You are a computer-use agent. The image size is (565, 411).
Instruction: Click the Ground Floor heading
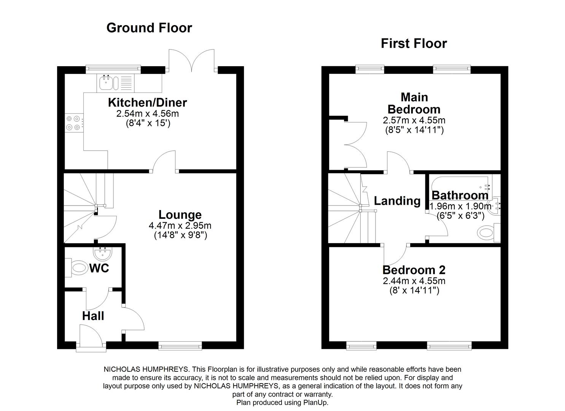(149, 28)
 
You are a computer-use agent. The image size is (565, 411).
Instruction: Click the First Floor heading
(414, 43)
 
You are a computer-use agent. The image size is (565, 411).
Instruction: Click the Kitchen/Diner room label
(147, 102)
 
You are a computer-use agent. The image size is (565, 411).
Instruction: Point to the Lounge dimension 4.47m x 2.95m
(180, 226)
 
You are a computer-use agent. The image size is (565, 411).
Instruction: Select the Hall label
(93, 316)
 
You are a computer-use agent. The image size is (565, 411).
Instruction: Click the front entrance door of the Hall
(91, 335)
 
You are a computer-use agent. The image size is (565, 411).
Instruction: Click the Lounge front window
(180, 346)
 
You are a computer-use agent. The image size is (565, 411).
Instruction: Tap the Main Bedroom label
(414, 103)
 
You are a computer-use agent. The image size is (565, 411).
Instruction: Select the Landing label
(397, 201)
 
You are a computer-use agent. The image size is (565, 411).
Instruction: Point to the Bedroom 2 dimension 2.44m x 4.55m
(414, 281)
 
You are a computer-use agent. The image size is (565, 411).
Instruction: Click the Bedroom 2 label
(414, 270)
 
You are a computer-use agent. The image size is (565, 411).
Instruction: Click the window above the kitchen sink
(113, 68)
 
